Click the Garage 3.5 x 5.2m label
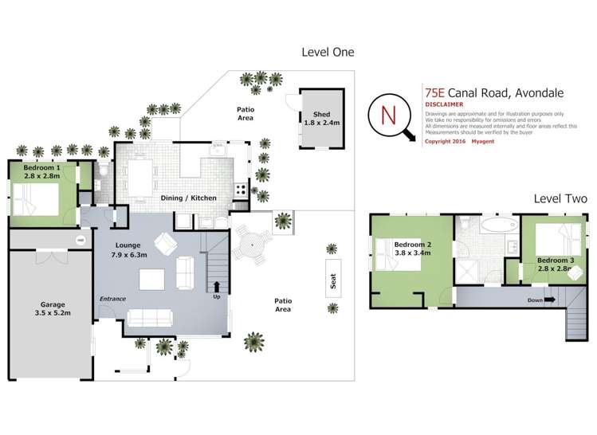click(x=53, y=309)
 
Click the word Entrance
click(x=112, y=299)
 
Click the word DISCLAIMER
click(x=443, y=104)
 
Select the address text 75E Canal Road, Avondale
click(x=492, y=91)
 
